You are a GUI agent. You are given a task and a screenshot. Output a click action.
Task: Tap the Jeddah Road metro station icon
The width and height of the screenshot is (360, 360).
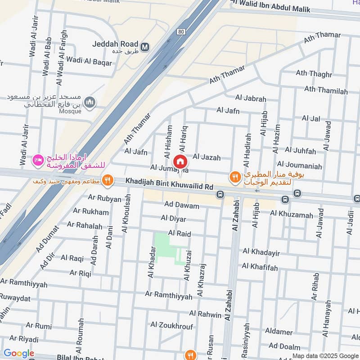click(145, 46)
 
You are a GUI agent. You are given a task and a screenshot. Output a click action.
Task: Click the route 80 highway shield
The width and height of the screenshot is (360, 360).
click(181, 31)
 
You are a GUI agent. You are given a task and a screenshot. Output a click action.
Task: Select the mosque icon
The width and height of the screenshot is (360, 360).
click(91, 102)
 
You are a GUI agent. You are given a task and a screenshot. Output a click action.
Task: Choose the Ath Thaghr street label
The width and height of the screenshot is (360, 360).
click(314, 73)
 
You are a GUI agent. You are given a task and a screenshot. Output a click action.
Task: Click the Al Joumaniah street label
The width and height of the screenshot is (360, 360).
click(300, 166)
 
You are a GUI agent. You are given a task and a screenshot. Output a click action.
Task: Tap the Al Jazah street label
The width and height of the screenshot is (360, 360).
click(207, 157)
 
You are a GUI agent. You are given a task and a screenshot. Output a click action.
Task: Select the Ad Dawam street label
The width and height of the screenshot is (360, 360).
click(182, 205)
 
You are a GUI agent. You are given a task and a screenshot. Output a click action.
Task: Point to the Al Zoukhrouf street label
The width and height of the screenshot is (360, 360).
click(171, 324)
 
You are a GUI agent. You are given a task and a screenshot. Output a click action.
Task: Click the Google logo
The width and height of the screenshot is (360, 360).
click(19, 353)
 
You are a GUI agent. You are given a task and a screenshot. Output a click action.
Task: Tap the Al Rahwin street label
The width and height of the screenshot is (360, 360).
click(205, 314)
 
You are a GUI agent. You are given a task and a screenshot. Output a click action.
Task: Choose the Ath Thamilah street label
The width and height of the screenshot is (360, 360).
click(326, 91)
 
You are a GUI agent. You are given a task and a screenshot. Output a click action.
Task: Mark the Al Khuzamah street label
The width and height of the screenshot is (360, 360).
click(291, 215)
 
